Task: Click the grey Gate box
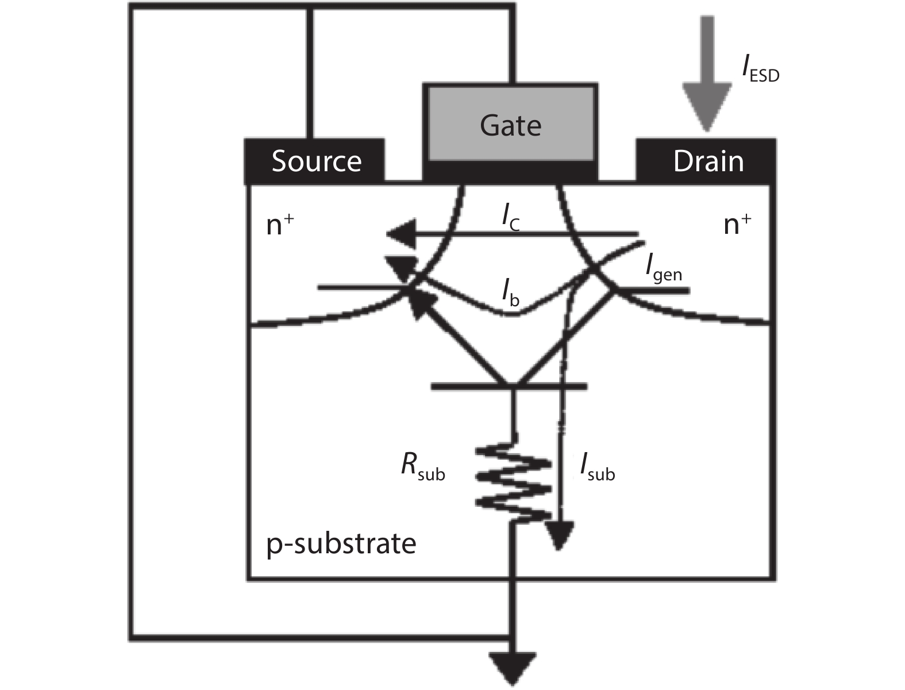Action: click(x=510, y=123)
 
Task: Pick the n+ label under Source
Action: click(x=280, y=225)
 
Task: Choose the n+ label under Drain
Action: click(x=737, y=225)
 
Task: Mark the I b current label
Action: click(x=510, y=294)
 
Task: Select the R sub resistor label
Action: click(x=423, y=467)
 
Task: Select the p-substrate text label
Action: click(x=341, y=543)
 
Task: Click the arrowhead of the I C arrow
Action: click(x=400, y=234)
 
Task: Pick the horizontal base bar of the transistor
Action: click(x=509, y=387)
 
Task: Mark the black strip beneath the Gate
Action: click(x=510, y=171)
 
